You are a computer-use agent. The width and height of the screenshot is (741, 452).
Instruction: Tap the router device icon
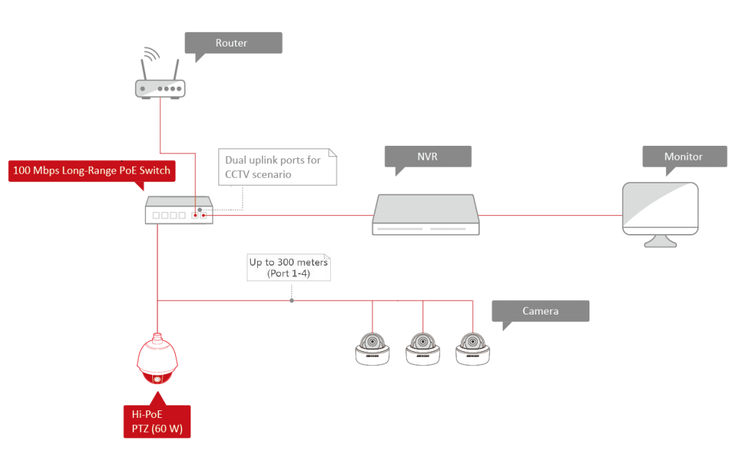(160, 88)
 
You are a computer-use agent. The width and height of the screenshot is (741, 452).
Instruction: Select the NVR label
(427, 156)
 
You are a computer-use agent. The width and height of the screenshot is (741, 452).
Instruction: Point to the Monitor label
(684, 156)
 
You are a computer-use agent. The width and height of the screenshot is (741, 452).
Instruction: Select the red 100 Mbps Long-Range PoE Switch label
(92, 170)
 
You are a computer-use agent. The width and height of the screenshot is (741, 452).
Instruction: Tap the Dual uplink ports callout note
(277, 167)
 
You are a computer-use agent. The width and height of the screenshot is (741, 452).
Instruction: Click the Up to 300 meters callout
(288, 268)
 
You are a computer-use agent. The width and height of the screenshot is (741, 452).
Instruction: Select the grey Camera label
(540, 311)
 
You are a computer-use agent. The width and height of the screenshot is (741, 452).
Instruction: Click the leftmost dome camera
(373, 349)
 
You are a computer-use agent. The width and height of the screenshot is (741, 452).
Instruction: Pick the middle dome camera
(423, 349)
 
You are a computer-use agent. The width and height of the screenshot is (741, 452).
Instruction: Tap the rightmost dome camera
(473, 349)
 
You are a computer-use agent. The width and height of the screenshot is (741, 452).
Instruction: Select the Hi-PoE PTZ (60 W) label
(157, 421)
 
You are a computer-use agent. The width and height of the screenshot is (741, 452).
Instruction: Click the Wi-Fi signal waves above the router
(151, 54)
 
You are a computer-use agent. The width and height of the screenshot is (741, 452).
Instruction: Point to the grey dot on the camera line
(291, 301)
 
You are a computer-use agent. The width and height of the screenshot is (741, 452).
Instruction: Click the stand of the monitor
(660, 242)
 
